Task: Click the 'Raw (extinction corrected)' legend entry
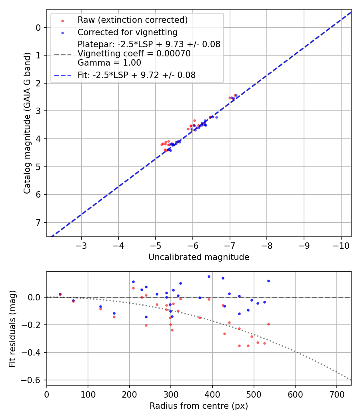click(x=132, y=20)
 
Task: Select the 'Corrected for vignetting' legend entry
click(x=127, y=32)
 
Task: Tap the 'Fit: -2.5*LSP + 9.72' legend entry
click(x=136, y=75)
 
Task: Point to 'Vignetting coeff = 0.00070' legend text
click(x=134, y=54)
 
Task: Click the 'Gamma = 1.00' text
click(x=109, y=63)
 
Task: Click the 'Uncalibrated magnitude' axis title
click(x=199, y=257)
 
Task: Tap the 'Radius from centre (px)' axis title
click(x=199, y=406)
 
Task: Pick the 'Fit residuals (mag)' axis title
click(x=12, y=328)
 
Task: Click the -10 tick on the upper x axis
click(x=341, y=245)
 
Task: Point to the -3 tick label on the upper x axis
click(x=82, y=245)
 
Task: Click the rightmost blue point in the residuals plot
click(x=268, y=281)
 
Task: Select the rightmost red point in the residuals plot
click(x=268, y=324)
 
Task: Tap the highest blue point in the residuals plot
click(x=209, y=276)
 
